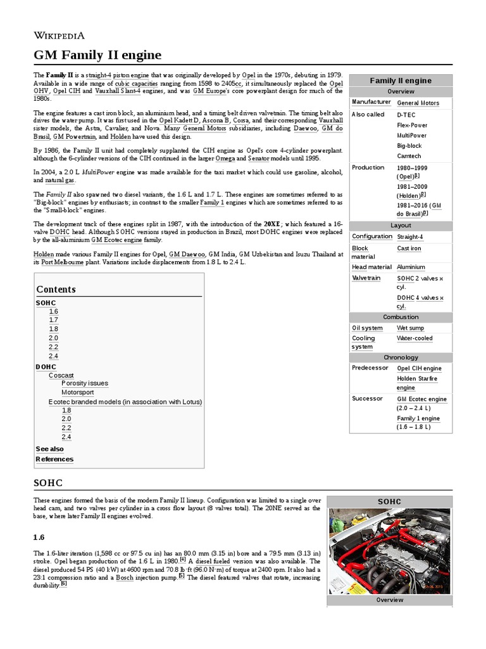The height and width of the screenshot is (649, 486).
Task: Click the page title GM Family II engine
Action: pos(97,55)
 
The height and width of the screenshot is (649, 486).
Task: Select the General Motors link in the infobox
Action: pos(418,103)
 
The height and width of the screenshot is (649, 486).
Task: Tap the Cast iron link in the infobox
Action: pos(409,248)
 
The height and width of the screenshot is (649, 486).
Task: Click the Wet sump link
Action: pos(410,328)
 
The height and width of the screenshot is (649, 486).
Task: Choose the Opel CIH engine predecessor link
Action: pos(419,368)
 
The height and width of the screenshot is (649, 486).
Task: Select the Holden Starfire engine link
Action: pos(416,383)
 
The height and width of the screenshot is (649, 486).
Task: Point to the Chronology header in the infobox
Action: pos(401,357)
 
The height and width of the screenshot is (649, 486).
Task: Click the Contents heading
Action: pos(56,289)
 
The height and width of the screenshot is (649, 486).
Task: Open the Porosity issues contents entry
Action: pos(85,383)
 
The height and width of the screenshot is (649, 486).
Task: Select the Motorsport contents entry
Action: pos(78,392)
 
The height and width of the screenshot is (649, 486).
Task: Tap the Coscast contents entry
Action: pos(61,375)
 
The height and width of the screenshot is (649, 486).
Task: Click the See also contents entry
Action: pos(49,449)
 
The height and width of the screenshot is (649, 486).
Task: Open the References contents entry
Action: pos(54,459)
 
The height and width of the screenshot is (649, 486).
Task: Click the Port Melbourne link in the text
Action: pos(63,262)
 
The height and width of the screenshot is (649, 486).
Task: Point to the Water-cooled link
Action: pos(414,338)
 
